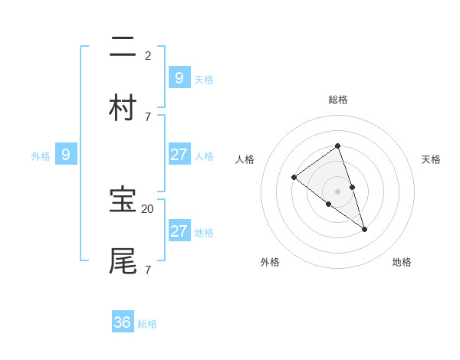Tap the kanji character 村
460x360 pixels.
[123, 108]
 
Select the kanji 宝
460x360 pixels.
[123, 200]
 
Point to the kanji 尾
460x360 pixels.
[123, 261]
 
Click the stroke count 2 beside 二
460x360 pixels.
[148, 55]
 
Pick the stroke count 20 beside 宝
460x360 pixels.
[147, 208]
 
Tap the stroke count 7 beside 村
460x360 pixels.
[148, 116]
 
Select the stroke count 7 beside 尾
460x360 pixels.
[148, 270]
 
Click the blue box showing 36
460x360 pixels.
[123, 322]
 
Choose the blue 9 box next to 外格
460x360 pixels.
[66, 155]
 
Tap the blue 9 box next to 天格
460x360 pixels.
[179, 77]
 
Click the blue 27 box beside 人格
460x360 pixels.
[179, 155]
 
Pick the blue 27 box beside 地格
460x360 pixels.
[179, 231]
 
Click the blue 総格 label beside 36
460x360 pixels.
[147, 324]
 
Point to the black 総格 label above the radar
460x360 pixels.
[338, 100]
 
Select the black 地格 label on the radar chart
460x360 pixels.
[402, 262]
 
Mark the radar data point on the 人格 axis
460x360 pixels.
[294, 178]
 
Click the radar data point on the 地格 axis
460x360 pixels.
[365, 229]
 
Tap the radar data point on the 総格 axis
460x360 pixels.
[337, 146]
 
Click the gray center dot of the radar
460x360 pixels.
[337, 191]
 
